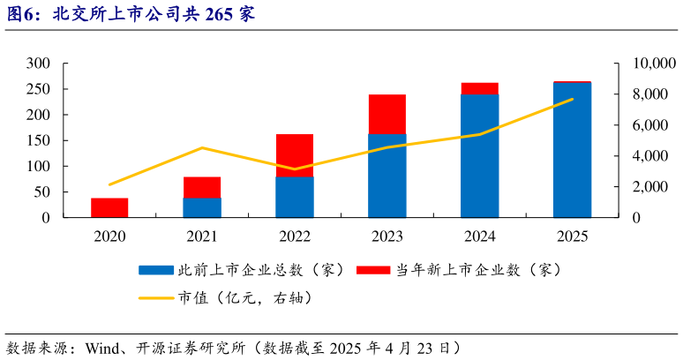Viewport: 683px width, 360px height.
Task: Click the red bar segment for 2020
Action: click(x=109, y=207)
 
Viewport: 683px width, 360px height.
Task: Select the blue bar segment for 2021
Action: click(x=202, y=207)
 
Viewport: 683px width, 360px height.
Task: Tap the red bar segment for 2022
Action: click(x=295, y=155)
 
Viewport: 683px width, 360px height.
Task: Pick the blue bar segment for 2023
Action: click(x=387, y=176)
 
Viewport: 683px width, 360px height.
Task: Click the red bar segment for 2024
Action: click(x=479, y=88)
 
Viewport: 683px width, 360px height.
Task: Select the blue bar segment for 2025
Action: click(x=572, y=150)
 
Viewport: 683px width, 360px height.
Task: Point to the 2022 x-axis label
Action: click(x=295, y=236)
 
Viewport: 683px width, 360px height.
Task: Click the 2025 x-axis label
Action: click(x=572, y=236)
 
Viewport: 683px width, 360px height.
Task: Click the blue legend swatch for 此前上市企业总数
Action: click(x=156, y=269)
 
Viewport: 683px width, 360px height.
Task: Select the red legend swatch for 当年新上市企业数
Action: click(x=372, y=269)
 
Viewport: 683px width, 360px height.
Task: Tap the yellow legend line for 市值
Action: click(x=156, y=297)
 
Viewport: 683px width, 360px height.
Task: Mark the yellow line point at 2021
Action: click(x=202, y=147)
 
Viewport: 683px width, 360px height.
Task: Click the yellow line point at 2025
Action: click(x=572, y=99)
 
